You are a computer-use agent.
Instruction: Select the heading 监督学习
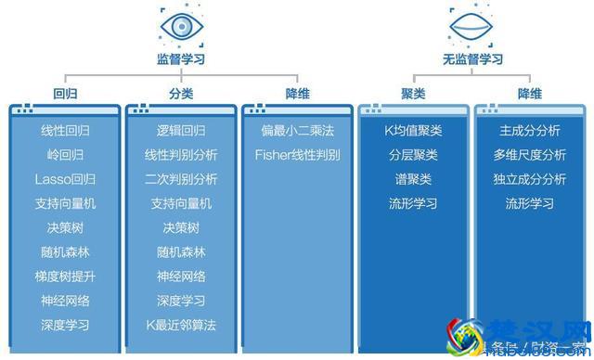[181, 60]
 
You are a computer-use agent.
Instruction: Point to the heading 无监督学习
[472, 60]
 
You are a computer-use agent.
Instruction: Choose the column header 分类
[181, 93]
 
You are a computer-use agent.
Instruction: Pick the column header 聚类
[413, 93]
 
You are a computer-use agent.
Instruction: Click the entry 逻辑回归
[181, 131]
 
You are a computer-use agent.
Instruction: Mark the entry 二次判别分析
[181, 179]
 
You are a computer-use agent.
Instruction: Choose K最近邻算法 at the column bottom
[181, 325]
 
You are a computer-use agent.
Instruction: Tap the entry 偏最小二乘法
[297, 131]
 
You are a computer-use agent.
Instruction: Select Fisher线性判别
[297, 155]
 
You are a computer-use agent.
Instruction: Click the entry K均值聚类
[413, 131]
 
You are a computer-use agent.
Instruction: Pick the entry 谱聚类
[413, 179]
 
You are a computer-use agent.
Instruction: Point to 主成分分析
[529, 131]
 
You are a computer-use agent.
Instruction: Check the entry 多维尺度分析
[529, 155]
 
